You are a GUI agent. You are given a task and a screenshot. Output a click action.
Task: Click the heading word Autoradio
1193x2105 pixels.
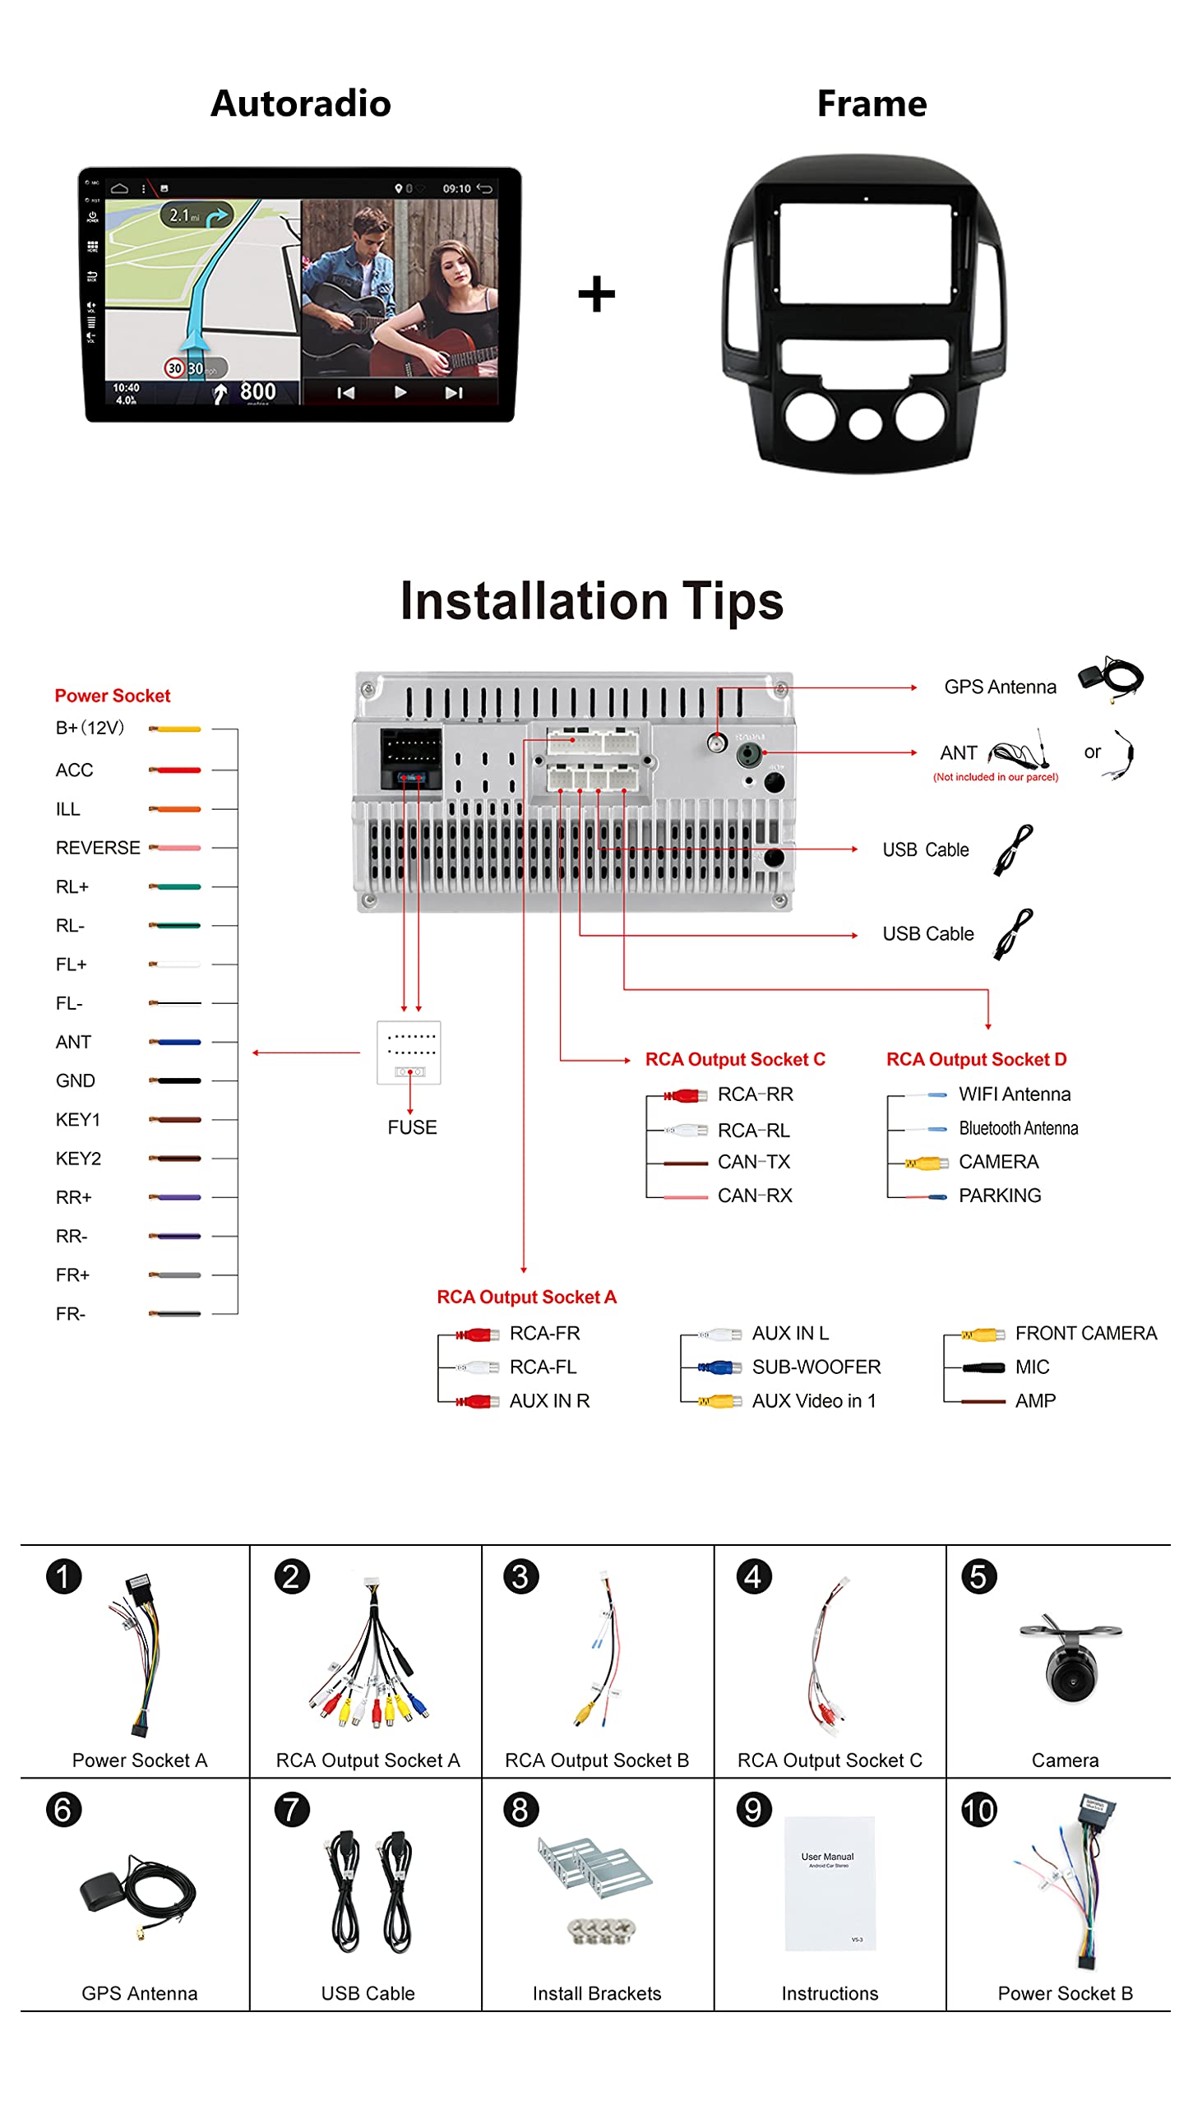(300, 104)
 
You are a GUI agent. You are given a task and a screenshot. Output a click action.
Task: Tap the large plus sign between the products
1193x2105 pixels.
(596, 294)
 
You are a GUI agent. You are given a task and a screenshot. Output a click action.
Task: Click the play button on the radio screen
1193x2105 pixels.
(400, 392)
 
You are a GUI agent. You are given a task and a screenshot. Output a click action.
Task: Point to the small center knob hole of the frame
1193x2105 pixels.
(865, 423)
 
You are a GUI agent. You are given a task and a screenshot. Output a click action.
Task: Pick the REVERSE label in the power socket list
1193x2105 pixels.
(97, 848)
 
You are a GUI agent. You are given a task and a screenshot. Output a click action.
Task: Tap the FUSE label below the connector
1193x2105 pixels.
(412, 1127)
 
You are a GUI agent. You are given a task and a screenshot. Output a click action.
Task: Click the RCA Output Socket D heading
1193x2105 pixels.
(976, 1059)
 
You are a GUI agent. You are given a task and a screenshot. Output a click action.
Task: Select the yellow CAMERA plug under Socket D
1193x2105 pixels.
(923, 1163)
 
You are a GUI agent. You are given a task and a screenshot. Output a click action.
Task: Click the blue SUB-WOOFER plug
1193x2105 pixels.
(716, 1367)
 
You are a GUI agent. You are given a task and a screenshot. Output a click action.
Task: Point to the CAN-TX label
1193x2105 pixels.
(754, 1162)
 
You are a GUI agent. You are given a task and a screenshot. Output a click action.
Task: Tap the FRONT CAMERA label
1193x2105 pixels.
(1085, 1333)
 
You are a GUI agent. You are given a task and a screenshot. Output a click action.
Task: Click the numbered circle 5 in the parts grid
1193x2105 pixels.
(978, 1576)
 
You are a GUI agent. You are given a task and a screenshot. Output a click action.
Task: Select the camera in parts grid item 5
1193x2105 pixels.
(1070, 1663)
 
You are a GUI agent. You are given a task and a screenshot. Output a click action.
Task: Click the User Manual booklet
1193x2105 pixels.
(829, 1883)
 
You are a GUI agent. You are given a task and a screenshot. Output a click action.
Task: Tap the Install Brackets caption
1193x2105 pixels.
(596, 1993)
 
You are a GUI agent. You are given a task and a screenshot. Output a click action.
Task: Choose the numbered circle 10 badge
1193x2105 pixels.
(978, 1810)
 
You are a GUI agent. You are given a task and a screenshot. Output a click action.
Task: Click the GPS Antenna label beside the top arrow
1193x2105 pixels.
(1000, 687)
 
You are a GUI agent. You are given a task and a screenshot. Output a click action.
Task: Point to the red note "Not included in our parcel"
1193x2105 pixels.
(995, 777)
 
